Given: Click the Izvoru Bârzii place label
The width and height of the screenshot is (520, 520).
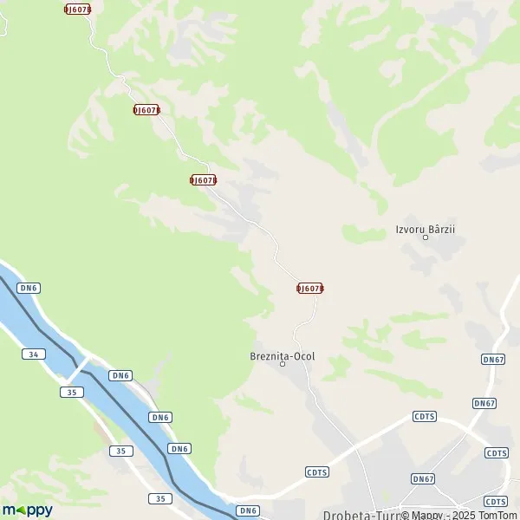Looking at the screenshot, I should [425, 229].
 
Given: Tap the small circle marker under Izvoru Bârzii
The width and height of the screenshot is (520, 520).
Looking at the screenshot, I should [425, 237].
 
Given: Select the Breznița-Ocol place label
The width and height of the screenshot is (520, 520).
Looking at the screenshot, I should [282, 355].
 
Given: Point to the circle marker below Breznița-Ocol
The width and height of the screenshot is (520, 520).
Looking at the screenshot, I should [283, 364].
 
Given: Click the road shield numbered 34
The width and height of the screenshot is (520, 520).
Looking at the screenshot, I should [33, 354].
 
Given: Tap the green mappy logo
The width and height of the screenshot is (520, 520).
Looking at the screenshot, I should [27, 510].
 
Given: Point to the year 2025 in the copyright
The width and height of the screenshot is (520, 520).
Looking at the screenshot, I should [455, 515].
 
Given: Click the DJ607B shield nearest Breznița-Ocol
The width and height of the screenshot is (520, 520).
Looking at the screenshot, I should [309, 288].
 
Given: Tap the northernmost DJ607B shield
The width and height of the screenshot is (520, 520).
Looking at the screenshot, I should [77, 9].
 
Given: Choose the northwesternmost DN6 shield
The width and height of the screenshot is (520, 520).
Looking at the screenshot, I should [29, 288].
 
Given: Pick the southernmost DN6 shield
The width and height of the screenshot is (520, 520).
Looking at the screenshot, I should [249, 510].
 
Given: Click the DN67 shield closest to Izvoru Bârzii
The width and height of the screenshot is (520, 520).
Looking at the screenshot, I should [492, 359].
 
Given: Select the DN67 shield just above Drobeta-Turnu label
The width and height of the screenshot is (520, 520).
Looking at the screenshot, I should [422, 478].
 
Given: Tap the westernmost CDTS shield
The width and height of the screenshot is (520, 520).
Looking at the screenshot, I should [316, 471].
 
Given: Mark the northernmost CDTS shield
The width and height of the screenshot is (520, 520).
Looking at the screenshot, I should [425, 416].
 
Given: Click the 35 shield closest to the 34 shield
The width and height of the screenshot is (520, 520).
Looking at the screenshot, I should [72, 392].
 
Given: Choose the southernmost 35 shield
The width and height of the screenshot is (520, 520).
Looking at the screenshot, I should [159, 498].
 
